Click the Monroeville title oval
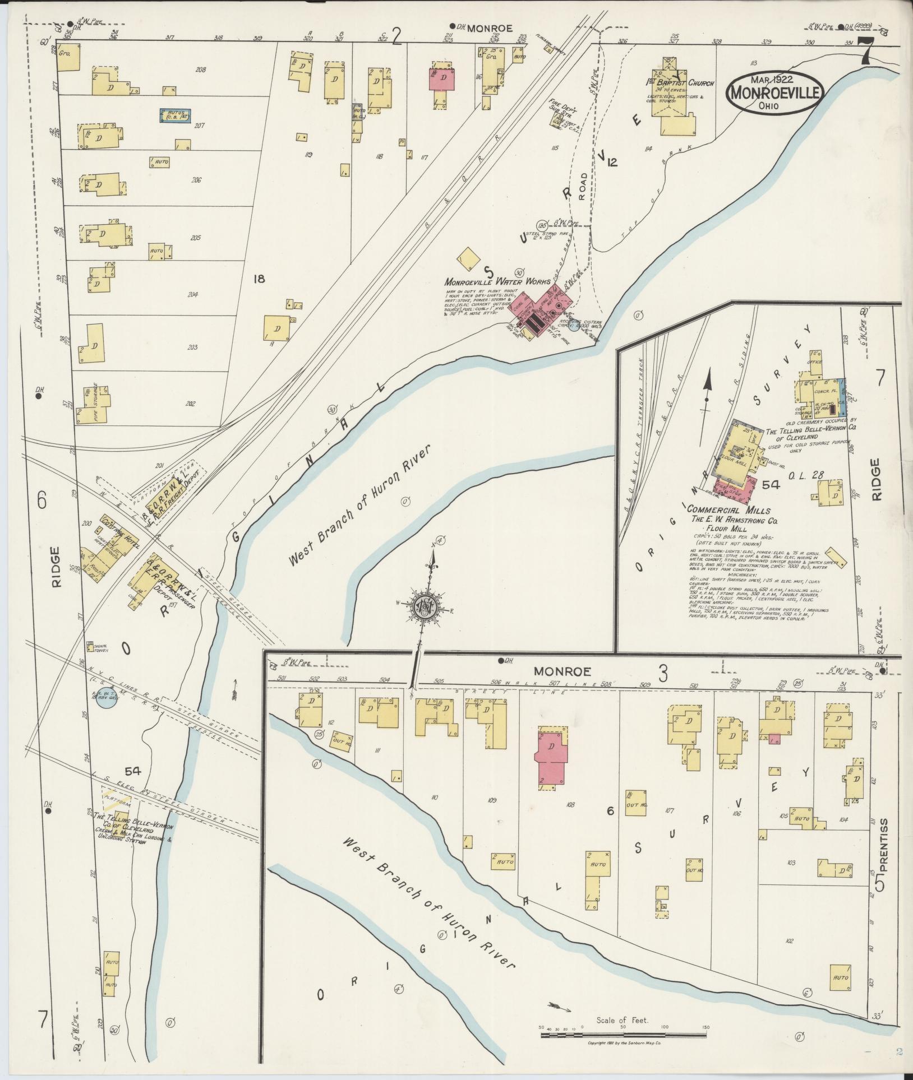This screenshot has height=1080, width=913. [x=774, y=94]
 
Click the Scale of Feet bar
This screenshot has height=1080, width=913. [x=624, y=1035]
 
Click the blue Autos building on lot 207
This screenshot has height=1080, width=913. [x=174, y=115]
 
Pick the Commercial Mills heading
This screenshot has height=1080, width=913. [x=728, y=511]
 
